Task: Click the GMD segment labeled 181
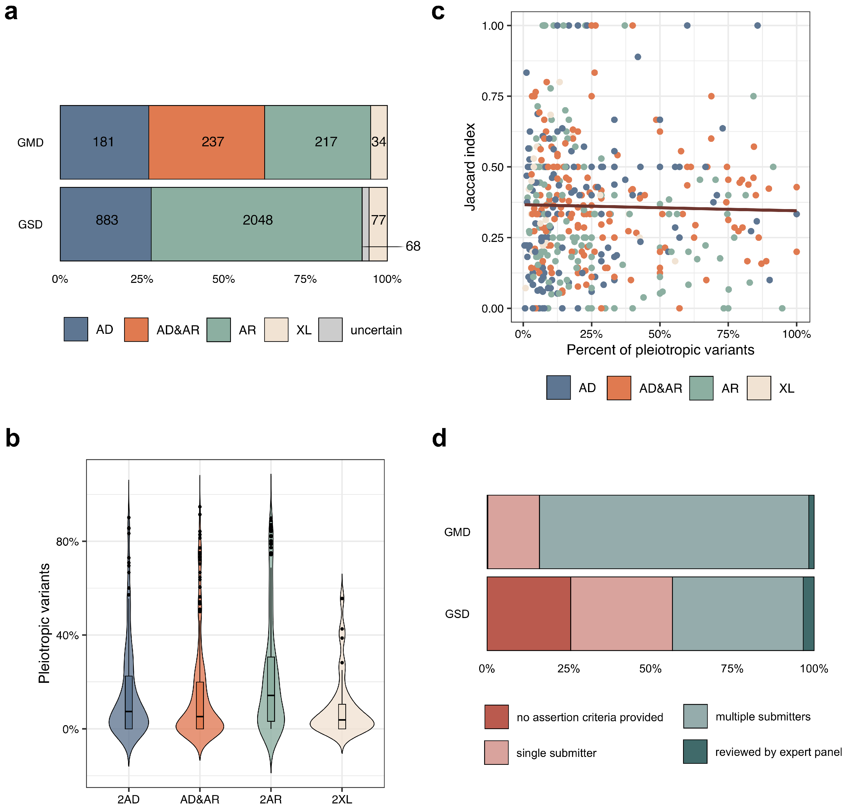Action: coord(104,142)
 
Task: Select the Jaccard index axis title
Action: coord(469,167)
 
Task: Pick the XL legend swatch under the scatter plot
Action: coord(758,388)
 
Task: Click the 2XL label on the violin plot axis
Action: coord(342,799)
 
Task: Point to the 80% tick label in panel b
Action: coord(67,541)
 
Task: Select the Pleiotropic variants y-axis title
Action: coord(44,623)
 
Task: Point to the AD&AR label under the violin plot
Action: coord(199,799)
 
